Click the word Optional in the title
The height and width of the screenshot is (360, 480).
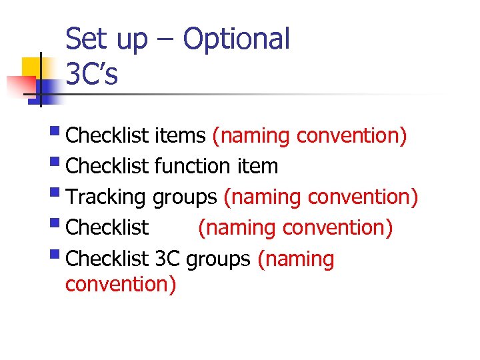[x=237, y=39]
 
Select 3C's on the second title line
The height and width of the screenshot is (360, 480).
[x=91, y=74]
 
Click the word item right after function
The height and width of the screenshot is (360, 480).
[x=257, y=166]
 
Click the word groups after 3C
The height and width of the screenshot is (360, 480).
[x=219, y=259]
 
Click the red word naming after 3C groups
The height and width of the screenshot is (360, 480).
[x=295, y=259]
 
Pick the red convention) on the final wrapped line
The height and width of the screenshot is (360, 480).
[x=121, y=285]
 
